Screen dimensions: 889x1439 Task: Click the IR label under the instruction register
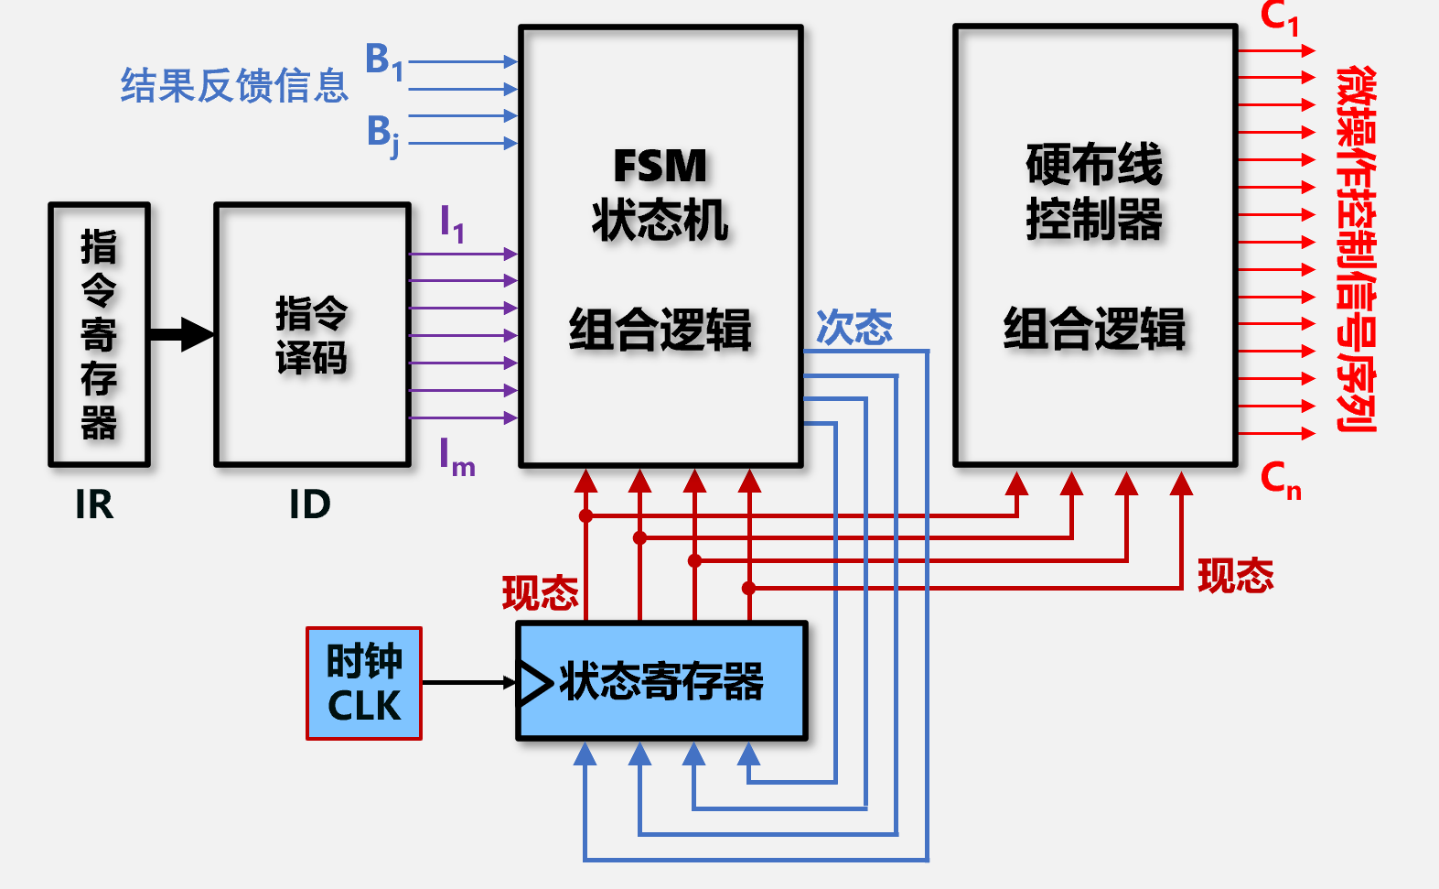point(94,504)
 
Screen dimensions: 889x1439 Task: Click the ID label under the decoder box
point(310,504)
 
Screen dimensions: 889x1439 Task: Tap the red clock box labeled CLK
point(364,683)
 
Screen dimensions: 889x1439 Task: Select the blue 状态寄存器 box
point(662,681)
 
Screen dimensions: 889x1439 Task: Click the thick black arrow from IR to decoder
point(181,334)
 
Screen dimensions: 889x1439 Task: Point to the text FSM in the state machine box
point(660,167)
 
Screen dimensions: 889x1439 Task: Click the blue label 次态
point(854,328)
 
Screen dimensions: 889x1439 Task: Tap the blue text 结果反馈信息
point(234,85)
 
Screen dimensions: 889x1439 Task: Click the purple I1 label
point(452,223)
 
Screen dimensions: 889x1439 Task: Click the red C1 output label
point(1279,17)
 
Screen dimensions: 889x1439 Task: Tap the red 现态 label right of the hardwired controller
point(1236,576)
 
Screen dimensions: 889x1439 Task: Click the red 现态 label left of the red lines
point(540,593)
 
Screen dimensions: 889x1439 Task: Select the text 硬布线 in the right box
point(1094,165)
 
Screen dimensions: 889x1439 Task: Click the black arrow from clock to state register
point(468,682)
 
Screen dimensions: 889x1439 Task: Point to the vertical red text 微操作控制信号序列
point(1356,247)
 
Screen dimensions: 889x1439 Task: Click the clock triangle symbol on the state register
point(533,682)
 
